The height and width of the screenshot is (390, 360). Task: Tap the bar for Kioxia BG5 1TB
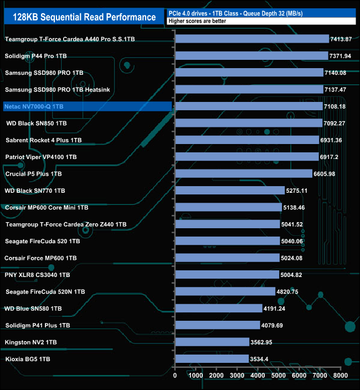click(x=212, y=359)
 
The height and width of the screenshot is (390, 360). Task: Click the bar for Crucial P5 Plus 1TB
click(x=243, y=174)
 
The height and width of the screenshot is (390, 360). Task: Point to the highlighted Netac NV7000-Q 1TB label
click(x=38, y=106)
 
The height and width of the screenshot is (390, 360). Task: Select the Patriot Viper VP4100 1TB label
click(x=41, y=157)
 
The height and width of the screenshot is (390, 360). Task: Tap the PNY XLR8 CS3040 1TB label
click(x=37, y=275)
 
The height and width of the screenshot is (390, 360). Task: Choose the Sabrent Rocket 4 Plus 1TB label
click(x=43, y=140)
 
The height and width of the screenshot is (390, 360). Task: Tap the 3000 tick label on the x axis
click(x=237, y=376)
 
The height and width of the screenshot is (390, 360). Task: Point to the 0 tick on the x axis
click(x=175, y=376)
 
